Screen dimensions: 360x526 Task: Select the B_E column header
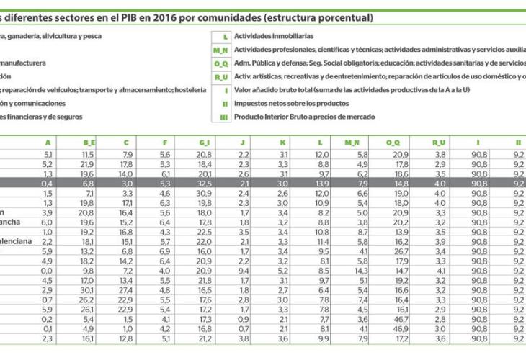(89, 143)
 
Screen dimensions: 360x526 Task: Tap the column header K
(284, 143)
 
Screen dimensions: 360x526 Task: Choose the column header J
(244, 143)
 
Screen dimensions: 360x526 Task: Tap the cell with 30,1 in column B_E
(87, 289)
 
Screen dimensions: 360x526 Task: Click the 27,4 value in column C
(126, 289)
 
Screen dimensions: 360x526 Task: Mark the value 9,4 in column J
(244, 270)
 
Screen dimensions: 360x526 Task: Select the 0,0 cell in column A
(48, 270)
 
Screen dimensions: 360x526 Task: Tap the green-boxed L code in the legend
(226, 36)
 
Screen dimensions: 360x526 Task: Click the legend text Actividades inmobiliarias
(274, 36)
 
